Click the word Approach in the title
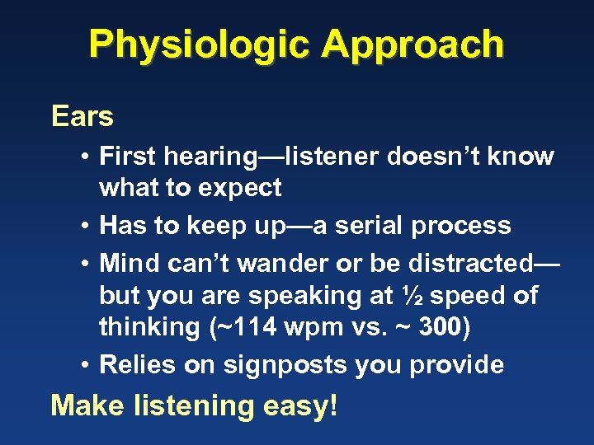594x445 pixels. [x=412, y=44]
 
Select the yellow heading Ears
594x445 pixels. [x=82, y=117]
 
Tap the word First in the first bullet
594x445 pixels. [x=128, y=157]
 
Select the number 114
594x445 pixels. [x=246, y=327]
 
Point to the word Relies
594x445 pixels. [x=138, y=365]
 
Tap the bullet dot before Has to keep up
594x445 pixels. [x=85, y=227]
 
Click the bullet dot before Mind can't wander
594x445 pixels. [x=85, y=265]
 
